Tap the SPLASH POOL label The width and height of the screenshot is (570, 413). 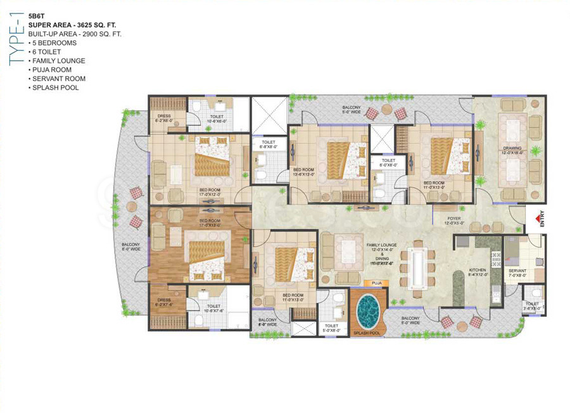pos(366,332)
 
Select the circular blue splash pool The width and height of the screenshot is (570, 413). pos(367,308)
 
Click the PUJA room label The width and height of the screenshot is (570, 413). pos(376,283)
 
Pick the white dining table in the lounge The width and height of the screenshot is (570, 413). pos(419,268)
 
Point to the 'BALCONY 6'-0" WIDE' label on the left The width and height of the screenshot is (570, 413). pos(132,247)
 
